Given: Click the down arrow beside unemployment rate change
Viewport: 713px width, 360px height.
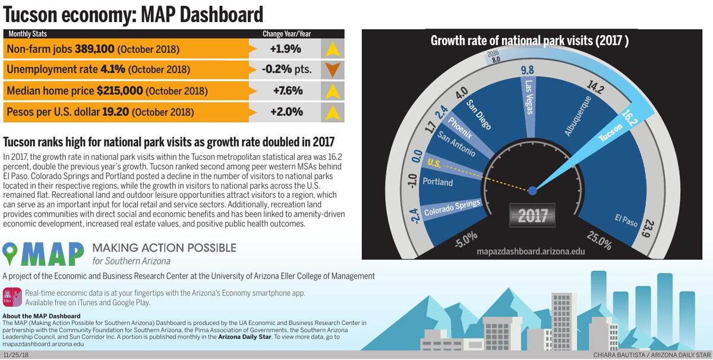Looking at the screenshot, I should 332,70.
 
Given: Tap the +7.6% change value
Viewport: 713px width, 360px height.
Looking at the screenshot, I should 288,91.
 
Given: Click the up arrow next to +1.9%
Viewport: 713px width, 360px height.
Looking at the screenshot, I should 332,49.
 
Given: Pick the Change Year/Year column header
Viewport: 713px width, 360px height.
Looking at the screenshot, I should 286,34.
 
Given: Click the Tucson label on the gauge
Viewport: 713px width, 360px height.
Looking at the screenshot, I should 610,132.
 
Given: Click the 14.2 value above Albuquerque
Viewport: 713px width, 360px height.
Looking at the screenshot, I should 595,87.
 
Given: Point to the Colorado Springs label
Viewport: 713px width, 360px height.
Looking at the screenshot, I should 453,208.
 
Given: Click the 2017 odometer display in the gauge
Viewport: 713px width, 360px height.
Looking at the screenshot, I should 532,216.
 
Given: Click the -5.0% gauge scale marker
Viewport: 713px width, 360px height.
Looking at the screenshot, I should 465,239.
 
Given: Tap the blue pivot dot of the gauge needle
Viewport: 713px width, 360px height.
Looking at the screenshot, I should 532,191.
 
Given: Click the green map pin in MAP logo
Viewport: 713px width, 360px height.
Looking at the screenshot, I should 11,253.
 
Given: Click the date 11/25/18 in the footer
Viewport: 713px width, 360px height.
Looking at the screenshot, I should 16,355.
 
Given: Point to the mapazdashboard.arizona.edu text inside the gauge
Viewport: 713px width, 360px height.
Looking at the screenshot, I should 531,251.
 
